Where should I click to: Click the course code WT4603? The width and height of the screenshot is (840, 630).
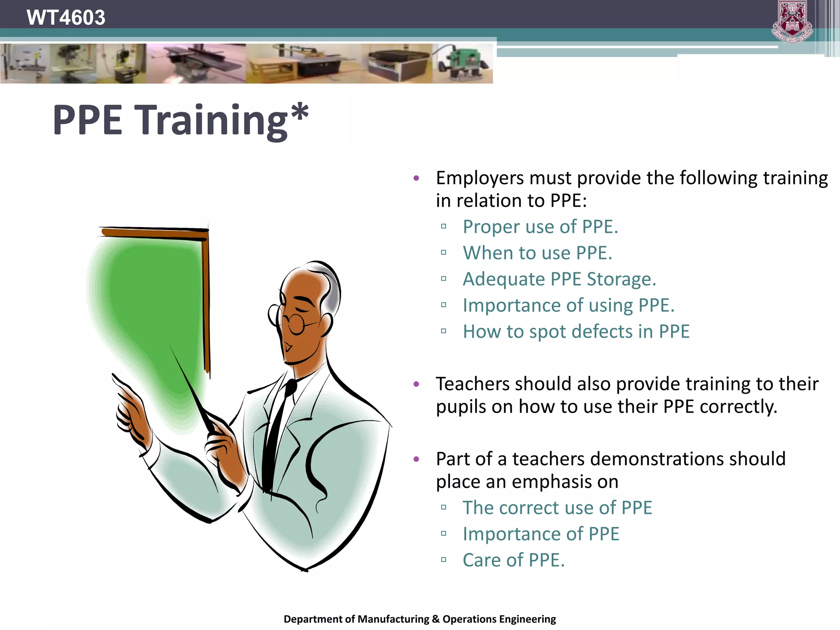[66, 17]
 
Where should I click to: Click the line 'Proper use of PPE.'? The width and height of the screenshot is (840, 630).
[540, 227]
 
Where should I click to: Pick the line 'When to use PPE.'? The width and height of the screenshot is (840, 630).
[537, 253]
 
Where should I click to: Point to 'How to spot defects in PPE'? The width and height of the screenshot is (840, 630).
[576, 331]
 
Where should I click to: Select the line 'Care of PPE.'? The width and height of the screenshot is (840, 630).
[514, 560]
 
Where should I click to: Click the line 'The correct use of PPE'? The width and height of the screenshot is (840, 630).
[557, 508]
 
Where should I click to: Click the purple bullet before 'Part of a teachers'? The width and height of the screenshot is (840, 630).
[416, 459]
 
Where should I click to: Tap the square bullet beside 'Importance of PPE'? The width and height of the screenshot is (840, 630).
[443, 534]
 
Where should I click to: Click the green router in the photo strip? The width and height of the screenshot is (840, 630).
[463, 64]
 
